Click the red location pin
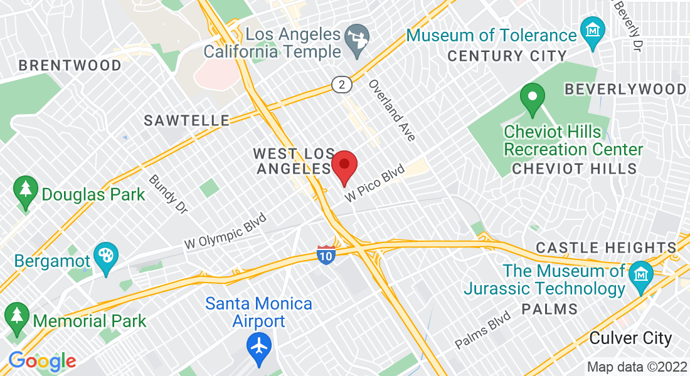344,166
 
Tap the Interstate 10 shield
326,253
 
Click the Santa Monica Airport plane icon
258,345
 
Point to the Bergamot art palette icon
105,256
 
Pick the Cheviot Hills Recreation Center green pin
533,98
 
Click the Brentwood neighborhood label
70,65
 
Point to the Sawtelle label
187,120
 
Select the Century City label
507,56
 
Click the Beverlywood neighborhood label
625,89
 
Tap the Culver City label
630,338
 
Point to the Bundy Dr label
168,194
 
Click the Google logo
42,362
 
